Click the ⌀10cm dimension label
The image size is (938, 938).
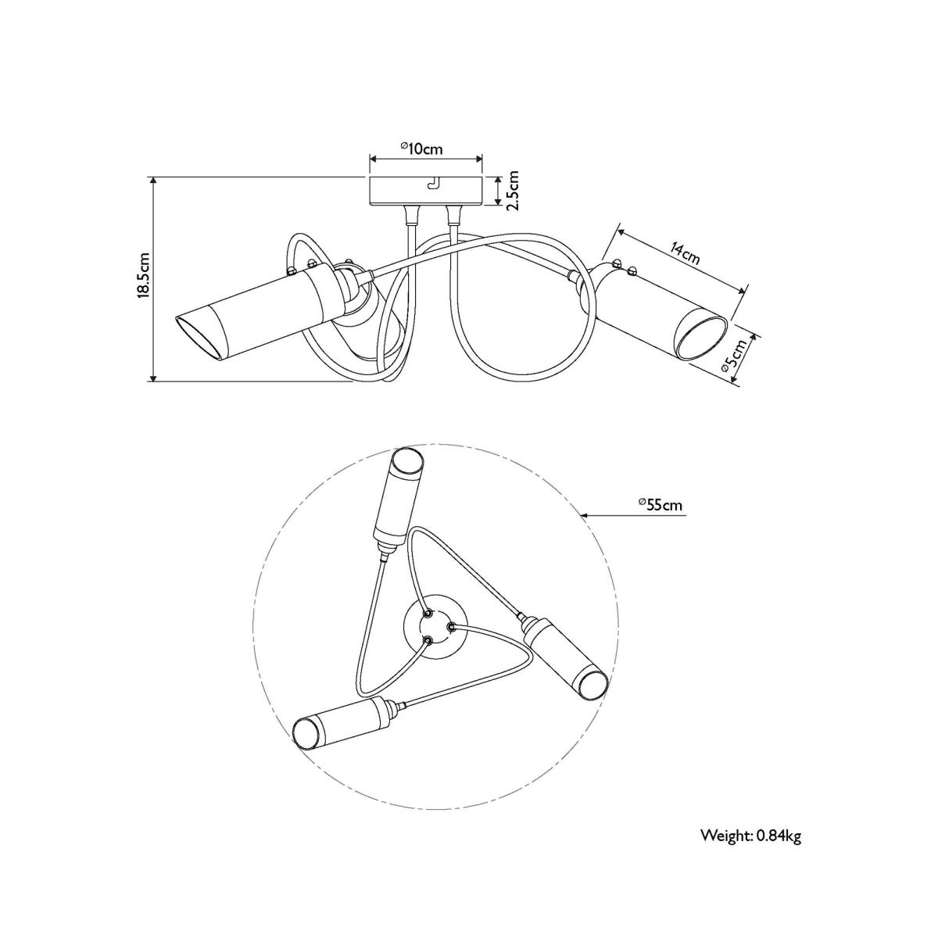421,148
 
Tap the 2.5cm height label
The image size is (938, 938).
513,190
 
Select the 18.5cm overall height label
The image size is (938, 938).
145,274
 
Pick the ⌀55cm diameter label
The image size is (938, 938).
661,505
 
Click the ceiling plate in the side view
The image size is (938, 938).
426,192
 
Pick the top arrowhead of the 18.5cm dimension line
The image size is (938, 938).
154,181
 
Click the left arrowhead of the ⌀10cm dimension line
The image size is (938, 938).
374,158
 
